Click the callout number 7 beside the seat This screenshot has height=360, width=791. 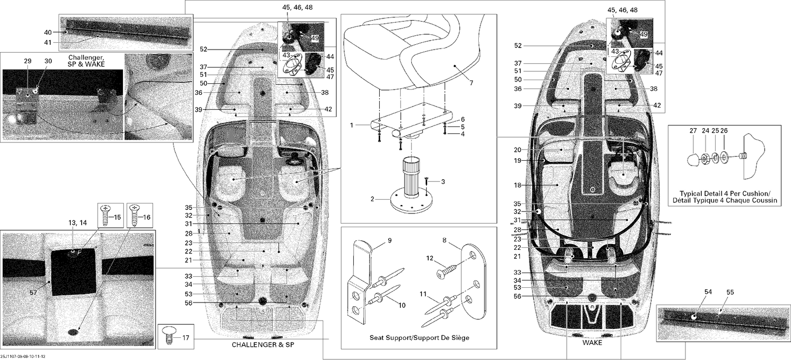(471, 83)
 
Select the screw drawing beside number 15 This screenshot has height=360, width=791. (105, 215)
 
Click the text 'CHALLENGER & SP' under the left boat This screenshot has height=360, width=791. (263, 345)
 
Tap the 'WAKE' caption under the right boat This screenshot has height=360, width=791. (592, 343)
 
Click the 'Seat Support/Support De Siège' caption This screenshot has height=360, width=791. (419, 338)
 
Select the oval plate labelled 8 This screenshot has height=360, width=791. (473, 279)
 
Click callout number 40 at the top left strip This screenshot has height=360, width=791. (47, 33)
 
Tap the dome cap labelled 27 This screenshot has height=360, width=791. (693, 160)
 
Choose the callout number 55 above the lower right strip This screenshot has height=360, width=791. (730, 292)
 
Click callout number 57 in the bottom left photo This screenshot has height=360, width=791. (33, 293)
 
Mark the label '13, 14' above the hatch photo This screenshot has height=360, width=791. (78, 223)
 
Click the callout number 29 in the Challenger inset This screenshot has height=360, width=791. (27, 61)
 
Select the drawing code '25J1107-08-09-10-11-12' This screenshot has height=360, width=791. (23, 356)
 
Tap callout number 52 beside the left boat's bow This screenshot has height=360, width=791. (204, 50)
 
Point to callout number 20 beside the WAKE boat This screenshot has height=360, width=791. (517, 150)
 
